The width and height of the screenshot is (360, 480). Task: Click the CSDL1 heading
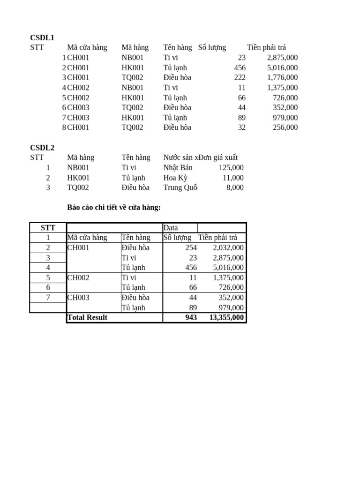[42, 37]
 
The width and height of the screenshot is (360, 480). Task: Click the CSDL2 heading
[42, 148]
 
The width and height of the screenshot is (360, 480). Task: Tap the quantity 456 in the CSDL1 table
[240, 67]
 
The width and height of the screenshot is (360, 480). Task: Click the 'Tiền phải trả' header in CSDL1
[266, 47]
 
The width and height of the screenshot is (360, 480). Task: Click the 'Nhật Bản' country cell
[178, 168]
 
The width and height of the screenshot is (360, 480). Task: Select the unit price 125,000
[231, 168]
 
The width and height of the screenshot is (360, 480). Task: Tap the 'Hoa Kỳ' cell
[175, 178]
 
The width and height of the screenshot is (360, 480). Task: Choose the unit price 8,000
[235, 187]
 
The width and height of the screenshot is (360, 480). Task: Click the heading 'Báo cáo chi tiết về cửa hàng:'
[114, 208]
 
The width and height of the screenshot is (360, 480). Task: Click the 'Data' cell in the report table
[171, 228]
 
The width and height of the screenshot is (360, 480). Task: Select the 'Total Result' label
[87, 317]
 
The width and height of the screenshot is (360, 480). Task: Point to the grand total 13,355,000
[226, 317]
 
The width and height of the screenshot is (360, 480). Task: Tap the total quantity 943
[191, 317]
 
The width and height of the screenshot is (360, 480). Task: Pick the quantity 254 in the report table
[191, 247]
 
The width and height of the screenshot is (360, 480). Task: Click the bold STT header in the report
[48, 228]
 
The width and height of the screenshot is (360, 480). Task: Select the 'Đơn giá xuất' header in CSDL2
[218, 157]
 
